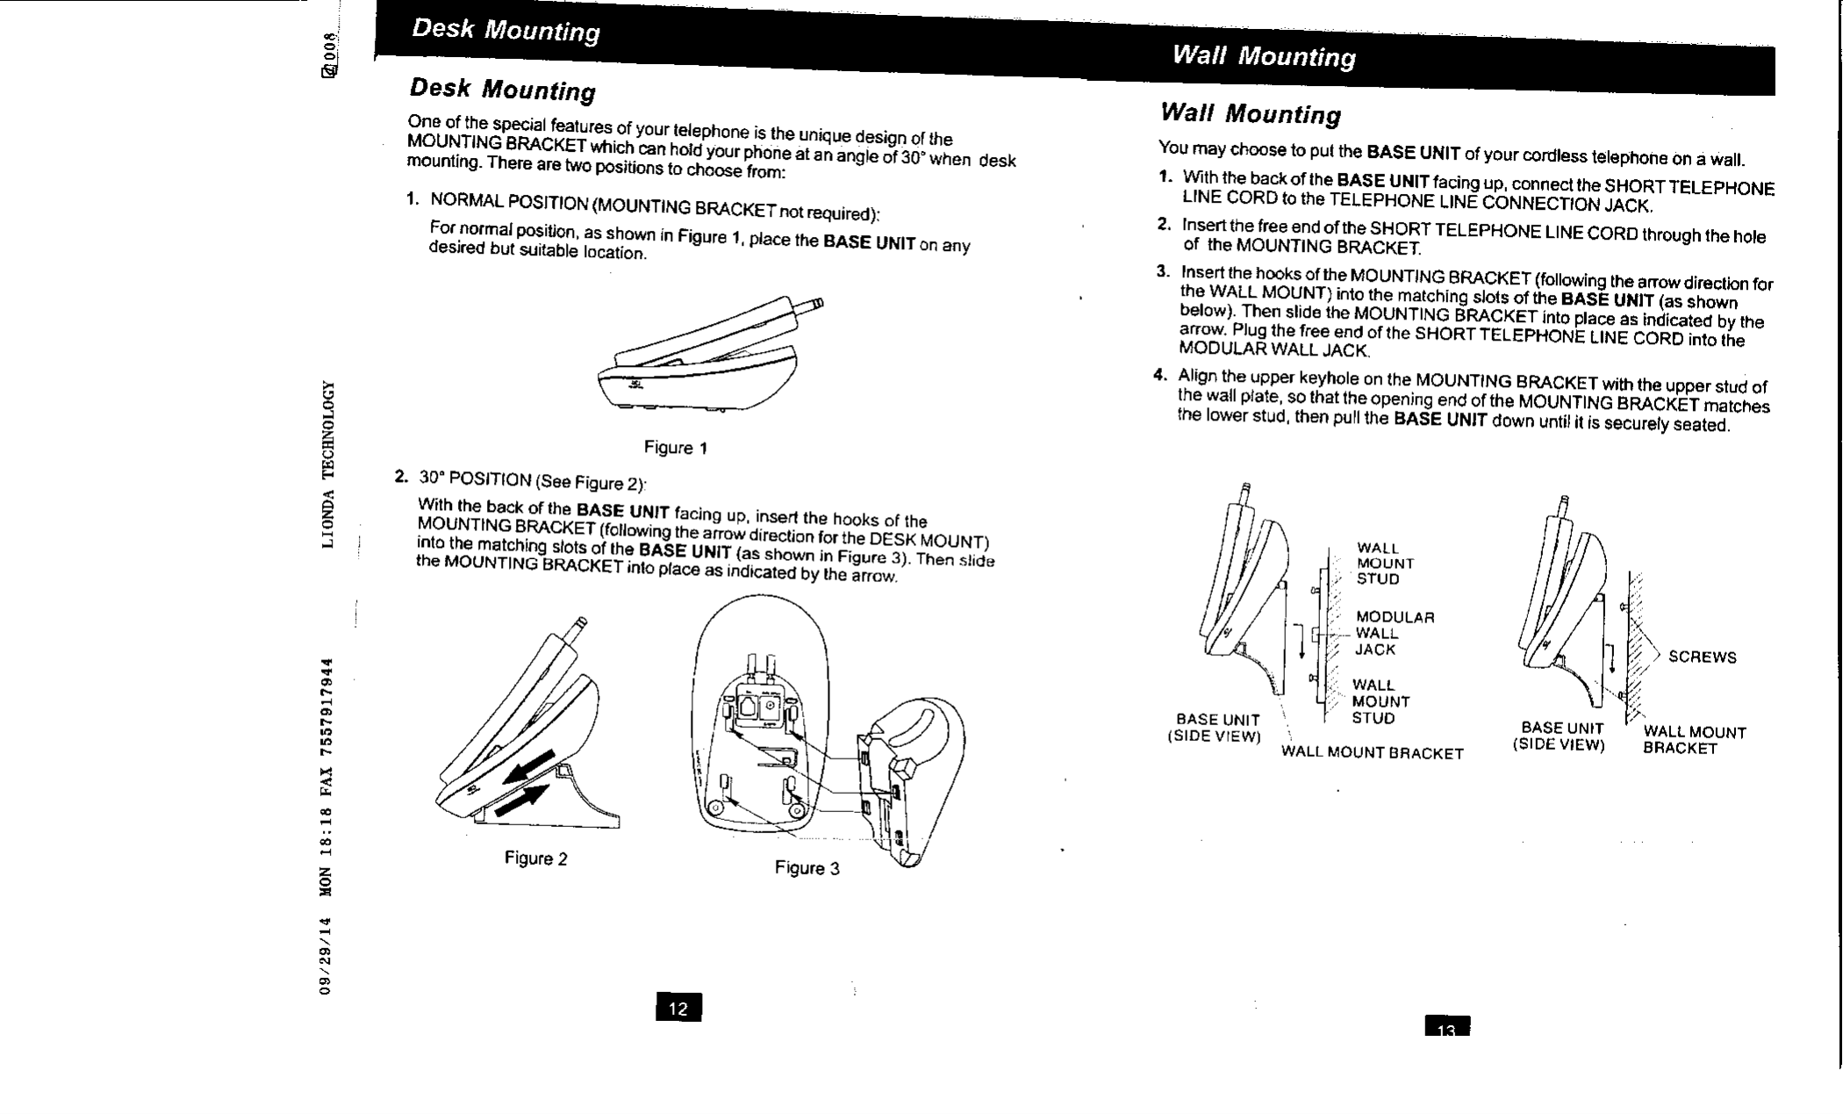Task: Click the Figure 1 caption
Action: pyautogui.click(x=675, y=448)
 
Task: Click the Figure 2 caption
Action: pyautogui.click(x=535, y=859)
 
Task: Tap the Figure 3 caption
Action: pyautogui.click(x=807, y=868)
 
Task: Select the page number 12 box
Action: pyautogui.click(x=678, y=1008)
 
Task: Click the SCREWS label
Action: pyautogui.click(x=1702, y=658)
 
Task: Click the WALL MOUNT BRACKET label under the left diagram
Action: pyautogui.click(x=1372, y=753)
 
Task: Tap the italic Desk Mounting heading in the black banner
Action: pyautogui.click(x=506, y=31)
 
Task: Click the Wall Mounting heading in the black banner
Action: pyautogui.click(x=1264, y=57)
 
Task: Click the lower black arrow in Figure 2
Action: pyautogui.click(x=523, y=801)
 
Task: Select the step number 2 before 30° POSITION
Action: pyautogui.click(x=400, y=477)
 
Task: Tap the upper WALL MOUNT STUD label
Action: pyautogui.click(x=1385, y=564)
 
